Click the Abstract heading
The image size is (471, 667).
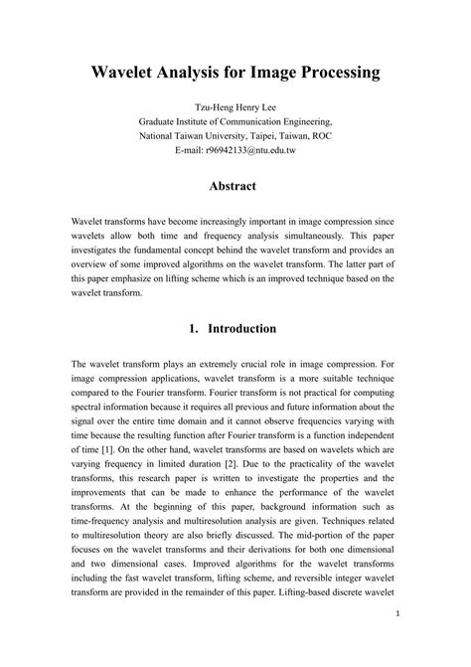tap(235, 187)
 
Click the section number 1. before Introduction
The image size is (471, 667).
tap(195, 329)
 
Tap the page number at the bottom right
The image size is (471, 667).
tap(395, 641)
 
